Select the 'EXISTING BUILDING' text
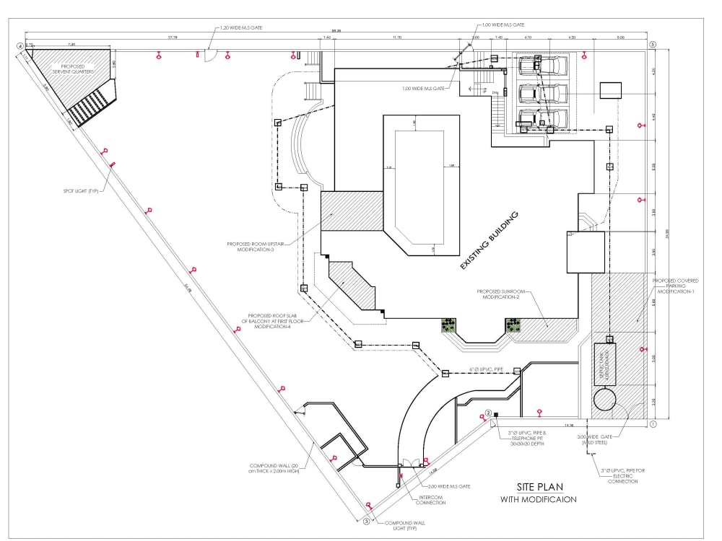[x=490, y=241]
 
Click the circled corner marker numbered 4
[x=20, y=46]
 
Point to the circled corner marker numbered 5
[x=653, y=45]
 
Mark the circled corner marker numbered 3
[x=366, y=521]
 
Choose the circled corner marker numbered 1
[x=653, y=425]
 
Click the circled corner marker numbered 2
[x=489, y=413]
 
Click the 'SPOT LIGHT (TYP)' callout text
[x=80, y=190]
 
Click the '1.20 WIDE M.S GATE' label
[x=242, y=27]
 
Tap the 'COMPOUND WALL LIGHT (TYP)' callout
[x=403, y=526]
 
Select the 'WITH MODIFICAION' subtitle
[x=538, y=500]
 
